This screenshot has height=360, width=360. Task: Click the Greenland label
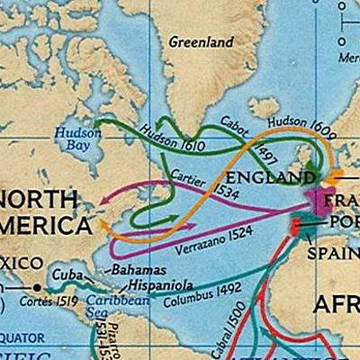click(x=202, y=42)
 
